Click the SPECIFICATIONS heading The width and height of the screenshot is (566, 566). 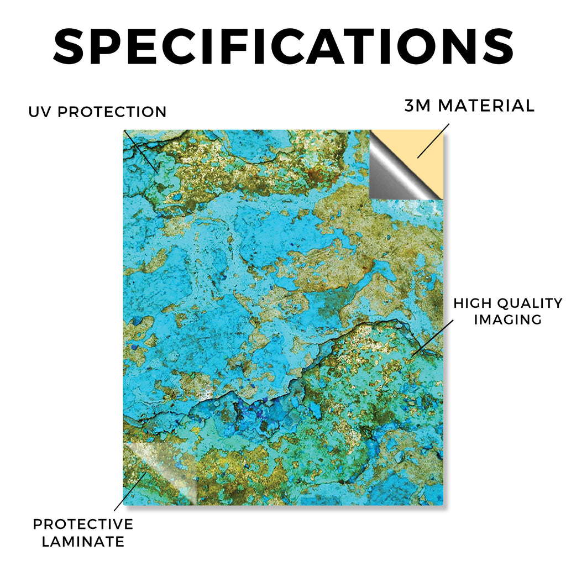pos(284,47)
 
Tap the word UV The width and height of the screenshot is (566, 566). pos(40,112)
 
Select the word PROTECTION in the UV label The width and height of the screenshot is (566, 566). pos(112,112)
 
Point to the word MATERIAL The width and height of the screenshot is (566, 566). pos(486,106)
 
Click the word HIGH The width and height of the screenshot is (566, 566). pos(473,303)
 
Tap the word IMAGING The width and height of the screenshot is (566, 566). pos(508,319)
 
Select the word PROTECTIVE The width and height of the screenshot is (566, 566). pos(83,524)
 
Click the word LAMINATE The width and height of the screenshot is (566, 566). pos(83,542)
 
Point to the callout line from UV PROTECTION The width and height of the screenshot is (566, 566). pos(141,151)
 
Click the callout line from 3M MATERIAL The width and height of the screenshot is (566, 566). pos(433,141)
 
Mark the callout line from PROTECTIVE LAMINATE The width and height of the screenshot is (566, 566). pos(130,491)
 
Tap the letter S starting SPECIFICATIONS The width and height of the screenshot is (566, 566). pos(69,47)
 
